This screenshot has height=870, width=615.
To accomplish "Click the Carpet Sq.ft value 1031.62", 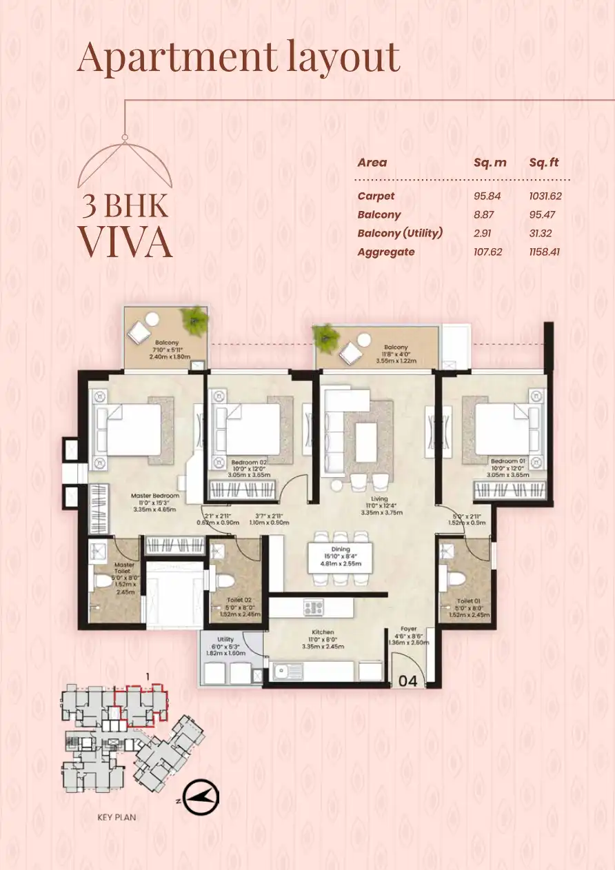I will click(x=545, y=196).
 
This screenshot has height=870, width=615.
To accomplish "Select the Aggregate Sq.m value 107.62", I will click(x=487, y=252).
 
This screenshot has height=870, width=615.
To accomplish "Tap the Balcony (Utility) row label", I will click(x=400, y=233).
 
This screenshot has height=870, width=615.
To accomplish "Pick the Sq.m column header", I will click(x=490, y=163).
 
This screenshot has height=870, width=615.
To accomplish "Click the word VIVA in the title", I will click(x=125, y=241).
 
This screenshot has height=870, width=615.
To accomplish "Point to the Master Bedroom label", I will click(x=156, y=496).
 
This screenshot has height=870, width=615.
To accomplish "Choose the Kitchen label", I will click(x=323, y=631).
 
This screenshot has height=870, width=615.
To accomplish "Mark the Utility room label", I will click(x=225, y=640).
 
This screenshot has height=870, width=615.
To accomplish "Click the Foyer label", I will click(x=410, y=629).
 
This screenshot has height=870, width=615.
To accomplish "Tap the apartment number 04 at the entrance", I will click(x=408, y=680).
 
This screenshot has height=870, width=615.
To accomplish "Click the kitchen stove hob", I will click(x=314, y=607).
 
